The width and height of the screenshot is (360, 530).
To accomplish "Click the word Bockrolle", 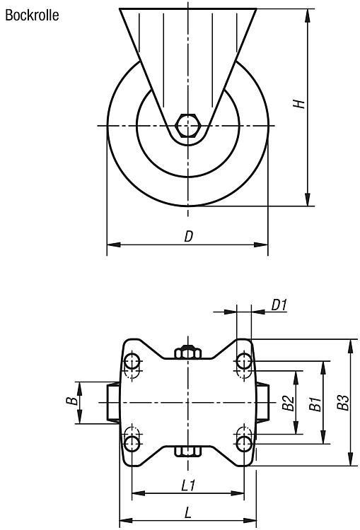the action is (32, 16).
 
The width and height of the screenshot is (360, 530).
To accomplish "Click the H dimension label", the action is (298, 104).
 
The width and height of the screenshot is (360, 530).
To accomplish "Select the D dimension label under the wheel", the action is (188, 236).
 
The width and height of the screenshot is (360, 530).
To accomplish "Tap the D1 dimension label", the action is (279, 305).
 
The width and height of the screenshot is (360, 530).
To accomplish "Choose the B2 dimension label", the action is (288, 403).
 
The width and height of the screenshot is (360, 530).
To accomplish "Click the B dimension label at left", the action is (71, 401).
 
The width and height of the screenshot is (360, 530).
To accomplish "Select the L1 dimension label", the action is (188, 485).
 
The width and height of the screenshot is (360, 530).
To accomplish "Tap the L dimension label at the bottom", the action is (188, 513).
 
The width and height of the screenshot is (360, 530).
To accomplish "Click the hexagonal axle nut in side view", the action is (188, 126).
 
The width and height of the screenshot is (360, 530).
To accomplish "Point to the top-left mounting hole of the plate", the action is (132, 361).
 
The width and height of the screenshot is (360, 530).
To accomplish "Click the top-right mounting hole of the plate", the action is (244, 361).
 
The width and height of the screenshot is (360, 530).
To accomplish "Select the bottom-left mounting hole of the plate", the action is (132, 444).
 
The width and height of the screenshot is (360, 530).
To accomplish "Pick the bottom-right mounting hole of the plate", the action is (244, 444).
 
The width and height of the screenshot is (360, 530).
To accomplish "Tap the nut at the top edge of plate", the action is (188, 352).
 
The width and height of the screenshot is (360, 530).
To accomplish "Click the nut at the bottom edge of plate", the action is (188, 452).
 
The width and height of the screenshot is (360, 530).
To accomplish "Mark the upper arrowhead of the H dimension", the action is (308, 16).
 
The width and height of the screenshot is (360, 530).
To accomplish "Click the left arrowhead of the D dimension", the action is (114, 245).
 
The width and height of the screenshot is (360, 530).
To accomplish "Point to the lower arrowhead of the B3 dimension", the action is (351, 459).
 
